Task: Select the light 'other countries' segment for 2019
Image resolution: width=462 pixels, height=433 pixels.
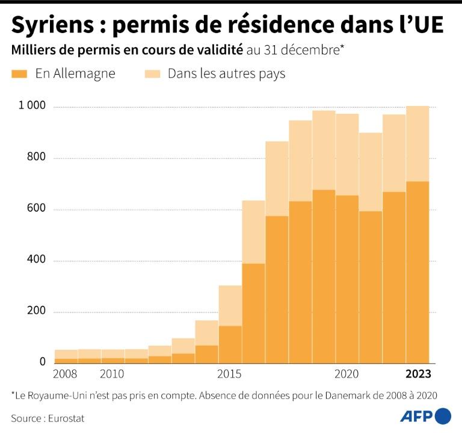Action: tap(324, 150)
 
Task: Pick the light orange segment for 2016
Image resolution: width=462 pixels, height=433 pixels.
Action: tap(254, 232)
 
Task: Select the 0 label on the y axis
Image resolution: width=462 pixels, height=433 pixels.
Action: tap(43, 361)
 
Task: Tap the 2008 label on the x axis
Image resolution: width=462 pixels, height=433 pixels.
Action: tap(65, 374)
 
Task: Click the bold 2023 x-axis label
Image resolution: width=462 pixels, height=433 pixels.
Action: tap(417, 374)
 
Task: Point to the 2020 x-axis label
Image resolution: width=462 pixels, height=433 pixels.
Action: tap(347, 374)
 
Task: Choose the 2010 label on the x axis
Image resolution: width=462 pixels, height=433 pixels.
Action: tap(112, 374)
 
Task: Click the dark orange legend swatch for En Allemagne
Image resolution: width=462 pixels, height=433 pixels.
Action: tap(20, 74)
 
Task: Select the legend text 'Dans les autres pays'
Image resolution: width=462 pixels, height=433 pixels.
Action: tap(226, 74)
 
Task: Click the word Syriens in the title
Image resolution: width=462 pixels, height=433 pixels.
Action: tap(51, 25)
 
